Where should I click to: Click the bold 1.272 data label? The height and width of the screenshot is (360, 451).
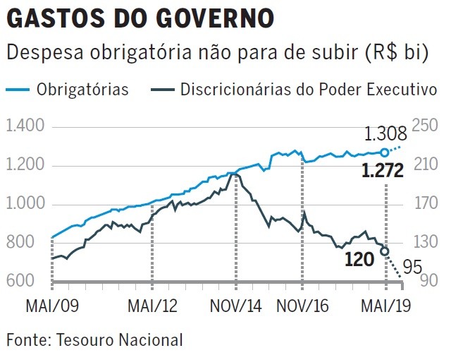[x=382, y=171]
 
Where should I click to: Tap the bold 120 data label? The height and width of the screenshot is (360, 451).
[x=359, y=260]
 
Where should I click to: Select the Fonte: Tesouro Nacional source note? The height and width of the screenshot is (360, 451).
[x=94, y=340]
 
